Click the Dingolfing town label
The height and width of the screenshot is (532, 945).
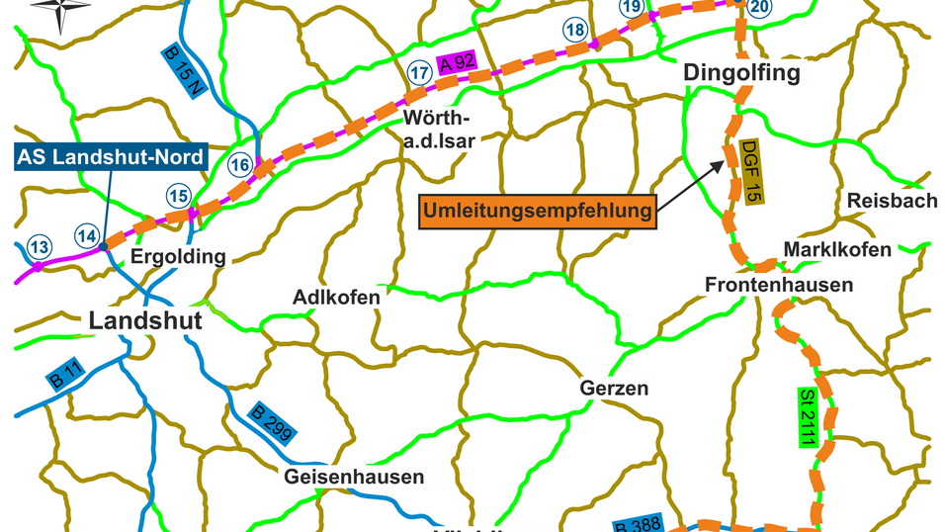[741, 74]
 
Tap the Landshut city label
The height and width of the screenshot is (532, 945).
[145, 320]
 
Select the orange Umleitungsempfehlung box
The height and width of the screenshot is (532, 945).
[539, 211]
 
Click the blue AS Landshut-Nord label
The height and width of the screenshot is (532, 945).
[111, 156]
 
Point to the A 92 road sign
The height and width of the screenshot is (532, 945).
[459, 63]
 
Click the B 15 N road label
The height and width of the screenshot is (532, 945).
[183, 69]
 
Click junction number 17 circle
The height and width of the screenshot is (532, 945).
[419, 71]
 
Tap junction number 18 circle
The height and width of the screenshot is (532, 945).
[575, 31]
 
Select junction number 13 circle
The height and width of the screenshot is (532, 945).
[39, 246]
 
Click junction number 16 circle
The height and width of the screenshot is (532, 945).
[239, 164]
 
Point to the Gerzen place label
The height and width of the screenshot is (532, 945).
[614, 389]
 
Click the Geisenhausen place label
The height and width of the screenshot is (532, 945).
[354, 477]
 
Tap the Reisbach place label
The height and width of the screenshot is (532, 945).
[892, 201]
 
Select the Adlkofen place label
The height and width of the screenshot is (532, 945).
[337, 297]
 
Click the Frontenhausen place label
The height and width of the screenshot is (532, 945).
[779, 285]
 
